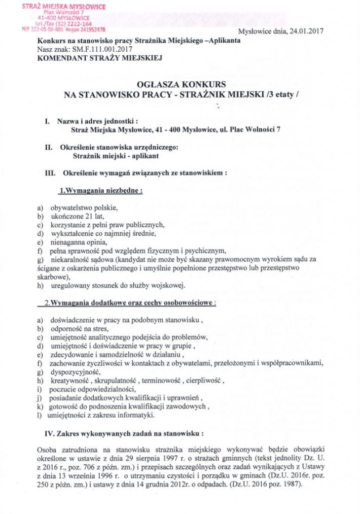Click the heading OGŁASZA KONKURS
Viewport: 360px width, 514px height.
pyautogui.click(x=181, y=84)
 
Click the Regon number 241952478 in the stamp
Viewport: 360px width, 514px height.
pyautogui.click(x=90, y=29)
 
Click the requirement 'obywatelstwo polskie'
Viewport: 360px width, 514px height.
pyautogui.click(x=84, y=208)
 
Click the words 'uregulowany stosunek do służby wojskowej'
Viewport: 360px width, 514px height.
pyautogui.click(x=118, y=285)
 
